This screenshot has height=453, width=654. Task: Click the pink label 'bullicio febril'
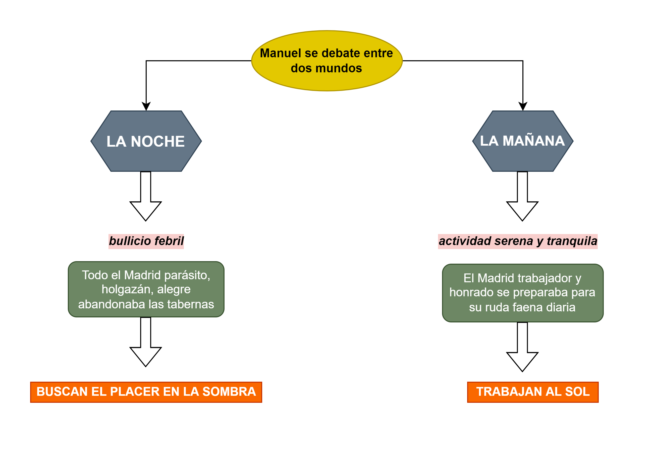click(146, 241)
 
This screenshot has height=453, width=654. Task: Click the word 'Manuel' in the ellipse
click(281, 53)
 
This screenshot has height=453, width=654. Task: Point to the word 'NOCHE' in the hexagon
click(157, 141)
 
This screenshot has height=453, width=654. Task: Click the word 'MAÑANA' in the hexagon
click(534, 141)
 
